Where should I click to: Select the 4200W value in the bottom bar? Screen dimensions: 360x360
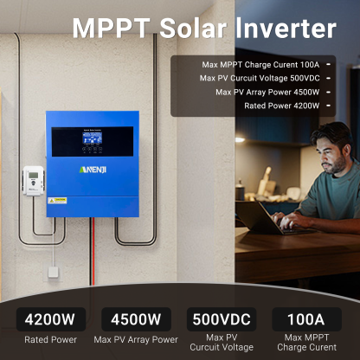pyautogui.click(x=50, y=319)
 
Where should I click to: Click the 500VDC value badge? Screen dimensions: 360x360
pyautogui.click(x=221, y=319)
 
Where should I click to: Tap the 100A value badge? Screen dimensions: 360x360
pyautogui.click(x=300, y=319)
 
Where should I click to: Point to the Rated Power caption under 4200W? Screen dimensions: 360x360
pyautogui.click(x=50, y=339)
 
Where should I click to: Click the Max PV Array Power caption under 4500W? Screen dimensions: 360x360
pyautogui.click(x=136, y=339)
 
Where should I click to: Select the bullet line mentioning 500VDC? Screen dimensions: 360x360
pyautogui.click(x=260, y=78)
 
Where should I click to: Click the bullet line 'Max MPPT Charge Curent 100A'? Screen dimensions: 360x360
pyautogui.click(x=259, y=64)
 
